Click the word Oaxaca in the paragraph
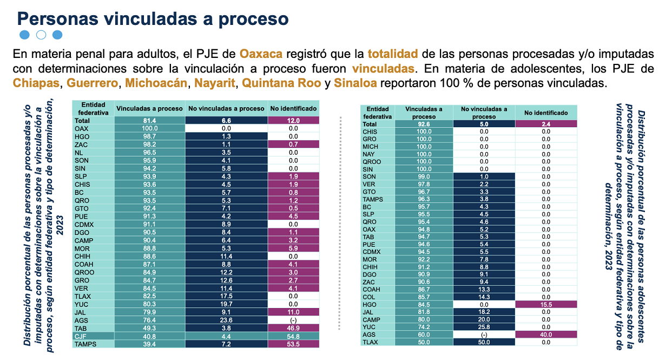[261, 54]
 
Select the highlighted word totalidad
[393, 54]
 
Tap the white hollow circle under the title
[41, 35]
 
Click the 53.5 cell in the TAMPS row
[293, 344]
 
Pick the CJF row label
[81, 336]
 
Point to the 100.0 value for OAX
[149, 128]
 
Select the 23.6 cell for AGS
[226, 320]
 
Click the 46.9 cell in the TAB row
[293, 328]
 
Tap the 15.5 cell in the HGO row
[546, 304]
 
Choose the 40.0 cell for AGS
[546, 335]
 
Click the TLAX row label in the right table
[370, 342]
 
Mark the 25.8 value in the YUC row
[484, 327]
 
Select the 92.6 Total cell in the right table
[424, 124]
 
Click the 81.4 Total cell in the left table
[149, 121]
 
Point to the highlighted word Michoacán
[156, 83]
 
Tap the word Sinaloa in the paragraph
[355, 83]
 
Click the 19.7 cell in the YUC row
[226, 304]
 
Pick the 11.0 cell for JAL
[293, 312]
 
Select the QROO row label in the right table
[372, 162]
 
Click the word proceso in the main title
[254, 19]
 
